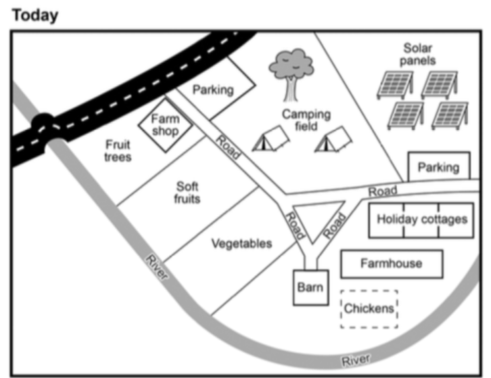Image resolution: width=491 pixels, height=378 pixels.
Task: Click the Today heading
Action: [x=36, y=15]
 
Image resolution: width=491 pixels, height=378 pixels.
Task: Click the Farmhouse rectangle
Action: [x=392, y=264]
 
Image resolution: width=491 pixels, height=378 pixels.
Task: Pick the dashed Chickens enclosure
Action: [x=369, y=309]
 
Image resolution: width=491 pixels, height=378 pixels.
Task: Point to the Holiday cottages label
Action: [x=422, y=219]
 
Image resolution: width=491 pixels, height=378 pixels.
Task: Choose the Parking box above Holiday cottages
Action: [x=438, y=167]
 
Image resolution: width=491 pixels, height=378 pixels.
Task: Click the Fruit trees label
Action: [x=118, y=150]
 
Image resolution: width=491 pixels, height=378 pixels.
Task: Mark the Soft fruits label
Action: [x=187, y=192]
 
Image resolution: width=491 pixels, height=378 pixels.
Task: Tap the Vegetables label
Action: [x=241, y=243]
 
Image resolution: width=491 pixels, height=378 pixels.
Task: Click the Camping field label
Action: [x=306, y=120]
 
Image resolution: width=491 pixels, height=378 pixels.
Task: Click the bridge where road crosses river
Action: [x=45, y=126]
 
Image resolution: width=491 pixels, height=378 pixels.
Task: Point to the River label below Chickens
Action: [x=356, y=360]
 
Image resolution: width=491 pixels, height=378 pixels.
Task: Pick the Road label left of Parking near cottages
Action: [x=383, y=192]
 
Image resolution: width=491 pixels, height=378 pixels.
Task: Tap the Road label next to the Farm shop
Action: [x=229, y=147]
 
